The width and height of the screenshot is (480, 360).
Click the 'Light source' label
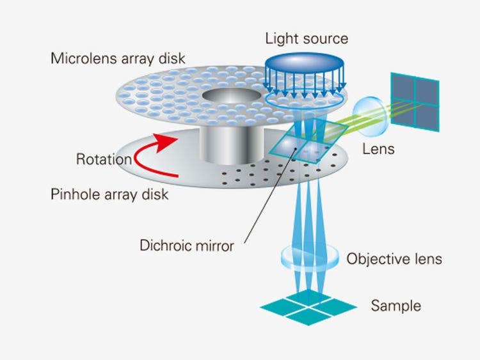307,38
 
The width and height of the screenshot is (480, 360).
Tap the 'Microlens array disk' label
118,58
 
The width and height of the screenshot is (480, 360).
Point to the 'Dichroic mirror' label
186,245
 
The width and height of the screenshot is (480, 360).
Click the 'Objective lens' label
394,259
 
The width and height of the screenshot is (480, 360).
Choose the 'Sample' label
396,306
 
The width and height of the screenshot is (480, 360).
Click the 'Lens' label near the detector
378,150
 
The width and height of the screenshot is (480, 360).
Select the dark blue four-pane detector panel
415,101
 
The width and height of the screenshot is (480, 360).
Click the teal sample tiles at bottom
307,305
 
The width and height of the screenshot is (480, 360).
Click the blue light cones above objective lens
307,211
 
